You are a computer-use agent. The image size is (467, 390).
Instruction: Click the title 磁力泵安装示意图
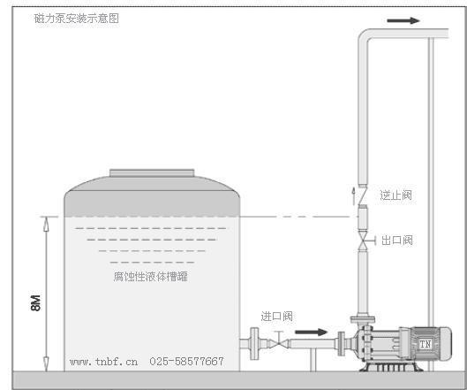pyautogui.click(x=77, y=19)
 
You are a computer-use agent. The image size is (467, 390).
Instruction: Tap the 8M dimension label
pyautogui.click(x=35, y=303)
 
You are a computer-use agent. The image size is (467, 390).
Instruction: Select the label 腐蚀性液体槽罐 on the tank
pyautogui.click(x=150, y=276)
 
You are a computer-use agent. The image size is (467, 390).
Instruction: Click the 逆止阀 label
pyautogui.click(x=396, y=195)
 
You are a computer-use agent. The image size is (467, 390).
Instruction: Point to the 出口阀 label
pyautogui.click(x=397, y=241)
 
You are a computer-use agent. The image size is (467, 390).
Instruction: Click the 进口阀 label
pyautogui.click(x=276, y=317)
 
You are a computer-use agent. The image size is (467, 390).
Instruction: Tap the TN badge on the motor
pyautogui.click(x=426, y=344)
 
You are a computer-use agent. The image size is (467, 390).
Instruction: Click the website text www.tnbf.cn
pyautogui.click(x=103, y=362)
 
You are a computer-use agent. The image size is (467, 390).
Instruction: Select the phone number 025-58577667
pyautogui.click(x=186, y=362)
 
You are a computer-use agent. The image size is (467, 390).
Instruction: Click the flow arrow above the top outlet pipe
pyautogui.click(x=403, y=20)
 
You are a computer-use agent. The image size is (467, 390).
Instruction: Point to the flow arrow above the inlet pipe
pyautogui.click(x=312, y=333)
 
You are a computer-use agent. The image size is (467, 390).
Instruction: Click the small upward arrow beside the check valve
pyautogui.click(x=353, y=196)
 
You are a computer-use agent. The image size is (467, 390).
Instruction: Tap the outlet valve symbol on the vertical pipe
pyautogui.click(x=364, y=241)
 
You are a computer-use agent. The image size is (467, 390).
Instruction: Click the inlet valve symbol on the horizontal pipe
pyautogui.click(x=278, y=343)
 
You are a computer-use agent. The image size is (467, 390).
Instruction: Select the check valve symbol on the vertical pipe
pyautogui.click(x=363, y=196)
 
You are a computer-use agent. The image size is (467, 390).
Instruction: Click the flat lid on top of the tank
pyautogui.click(x=152, y=173)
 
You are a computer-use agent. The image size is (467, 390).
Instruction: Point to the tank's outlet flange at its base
pyautogui.click(x=254, y=343)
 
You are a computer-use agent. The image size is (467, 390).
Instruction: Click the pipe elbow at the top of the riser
pyautogui.click(x=365, y=35)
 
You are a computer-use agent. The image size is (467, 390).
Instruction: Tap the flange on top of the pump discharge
pyautogui.click(x=363, y=319)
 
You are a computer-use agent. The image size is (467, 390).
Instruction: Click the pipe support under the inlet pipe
pyautogui.click(x=313, y=360)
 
